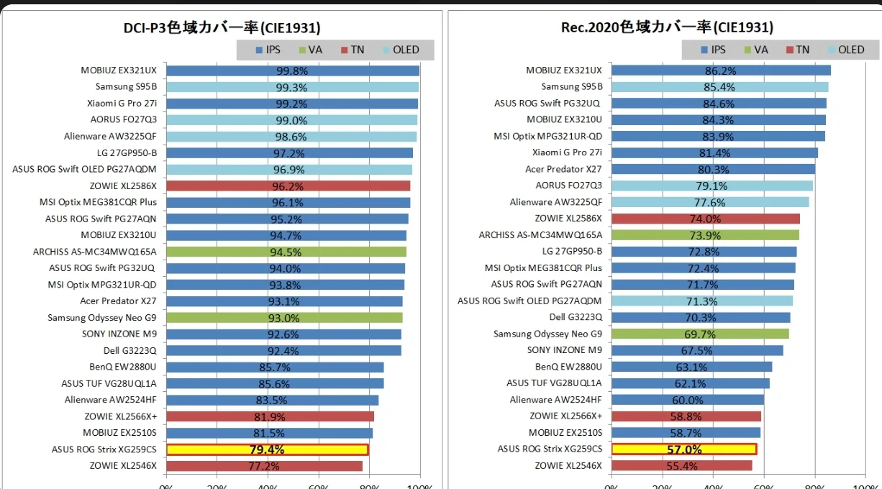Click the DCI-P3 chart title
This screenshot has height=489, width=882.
[x=222, y=27]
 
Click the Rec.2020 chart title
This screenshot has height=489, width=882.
[x=667, y=27]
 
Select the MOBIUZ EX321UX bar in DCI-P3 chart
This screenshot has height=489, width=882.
[x=292, y=70]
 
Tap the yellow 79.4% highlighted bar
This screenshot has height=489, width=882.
[x=267, y=450]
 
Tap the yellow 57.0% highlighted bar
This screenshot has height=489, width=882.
[x=683, y=449]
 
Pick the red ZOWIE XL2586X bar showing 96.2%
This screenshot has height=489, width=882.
[x=288, y=186]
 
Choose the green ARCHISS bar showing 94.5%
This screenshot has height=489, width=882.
[x=286, y=252]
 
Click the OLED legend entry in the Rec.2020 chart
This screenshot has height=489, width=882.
[x=846, y=50]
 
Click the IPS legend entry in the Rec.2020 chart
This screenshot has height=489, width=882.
[x=712, y=50]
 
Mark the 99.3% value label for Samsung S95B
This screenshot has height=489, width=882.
[x=291, y=87]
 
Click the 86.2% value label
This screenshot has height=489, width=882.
[x=720, y=70]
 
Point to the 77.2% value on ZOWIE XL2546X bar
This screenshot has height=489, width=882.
[x=263, y=466]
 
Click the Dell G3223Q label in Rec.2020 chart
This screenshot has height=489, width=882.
[x=576, y=317]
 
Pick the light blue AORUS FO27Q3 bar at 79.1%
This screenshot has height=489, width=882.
[x=711, y=186]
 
